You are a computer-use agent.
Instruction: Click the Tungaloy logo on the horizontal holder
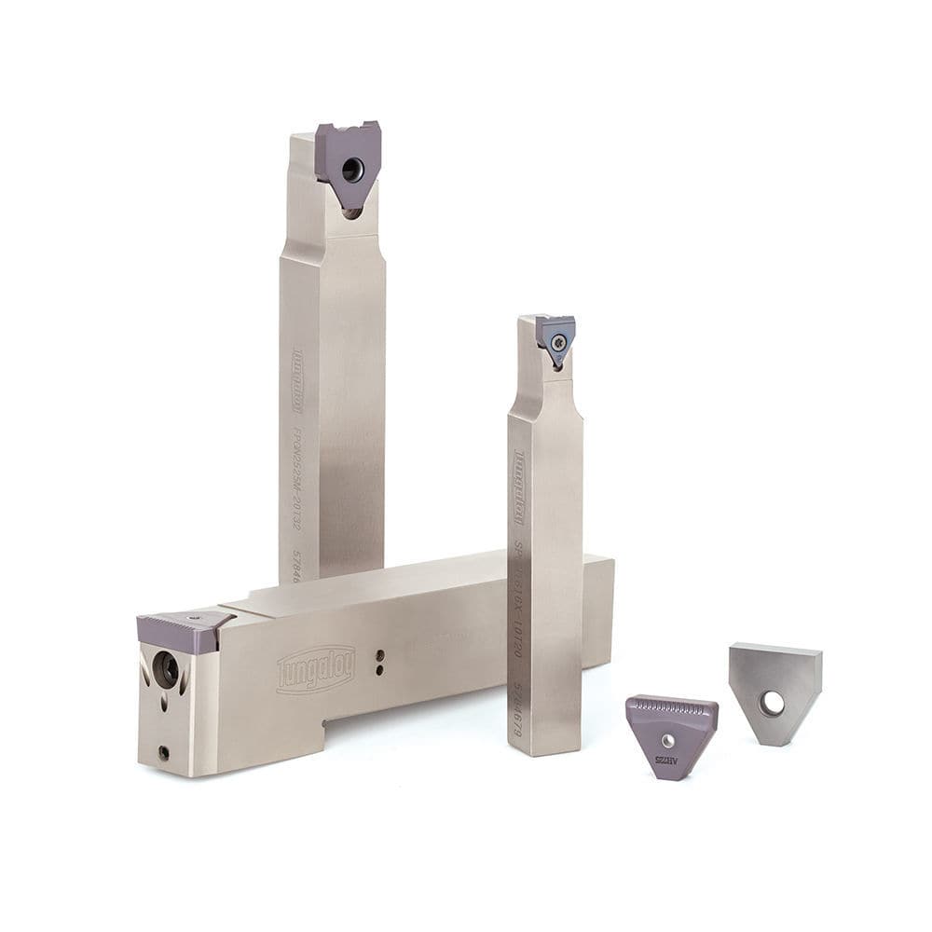316,668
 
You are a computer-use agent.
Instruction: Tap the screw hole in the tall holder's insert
351,170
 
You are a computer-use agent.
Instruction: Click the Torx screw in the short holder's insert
557,343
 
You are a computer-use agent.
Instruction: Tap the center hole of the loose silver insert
772,704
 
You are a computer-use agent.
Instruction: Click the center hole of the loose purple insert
668,740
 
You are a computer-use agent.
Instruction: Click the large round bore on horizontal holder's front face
165,669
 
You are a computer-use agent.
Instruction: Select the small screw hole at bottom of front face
164,751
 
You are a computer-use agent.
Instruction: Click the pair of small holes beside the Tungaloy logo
379,660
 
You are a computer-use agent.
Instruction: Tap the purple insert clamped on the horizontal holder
182,630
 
